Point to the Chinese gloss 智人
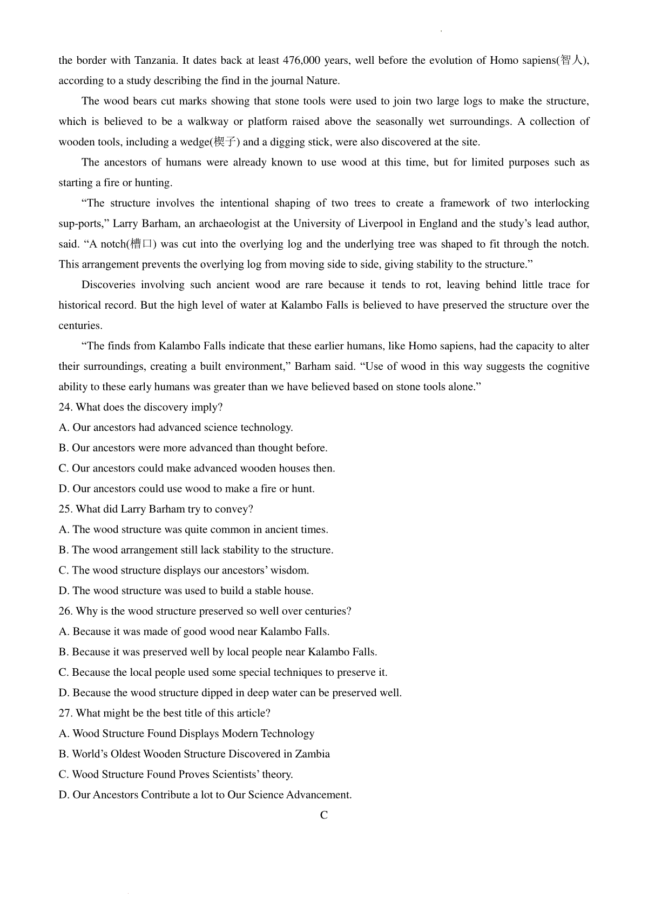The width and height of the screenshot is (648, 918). click(572, 61)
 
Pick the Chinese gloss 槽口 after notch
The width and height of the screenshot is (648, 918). click(141, 244)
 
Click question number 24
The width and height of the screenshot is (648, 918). click(65, 408)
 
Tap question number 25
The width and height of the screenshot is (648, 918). click(65, 509)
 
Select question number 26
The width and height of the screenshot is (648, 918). click(65, 611)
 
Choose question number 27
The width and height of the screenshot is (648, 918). click(65, 714)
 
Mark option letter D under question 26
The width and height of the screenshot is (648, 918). click(63, 693)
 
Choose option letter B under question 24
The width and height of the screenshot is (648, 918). click(63, 448)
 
